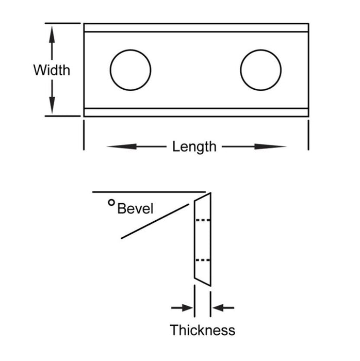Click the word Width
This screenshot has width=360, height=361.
pos(52,70)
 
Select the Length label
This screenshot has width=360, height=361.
pos(194,147)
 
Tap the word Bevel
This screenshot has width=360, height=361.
pos(136,209)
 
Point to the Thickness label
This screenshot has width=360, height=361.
pos(203,330)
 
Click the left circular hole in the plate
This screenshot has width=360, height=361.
pos(130,70)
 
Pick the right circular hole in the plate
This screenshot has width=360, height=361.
pos(261,70)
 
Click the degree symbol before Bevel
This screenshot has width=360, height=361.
pos(111,203)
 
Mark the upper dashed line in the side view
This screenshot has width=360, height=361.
pos(203,220)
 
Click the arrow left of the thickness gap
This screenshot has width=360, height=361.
pos(182,308)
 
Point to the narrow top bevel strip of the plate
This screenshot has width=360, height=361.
pos(196,28)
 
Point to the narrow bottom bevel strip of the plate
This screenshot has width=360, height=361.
pos(196,112)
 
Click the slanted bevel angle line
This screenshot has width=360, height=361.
pos(155,221)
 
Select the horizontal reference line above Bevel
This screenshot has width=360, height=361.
pos(150,192)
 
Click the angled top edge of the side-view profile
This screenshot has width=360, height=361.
pos(203,197)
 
